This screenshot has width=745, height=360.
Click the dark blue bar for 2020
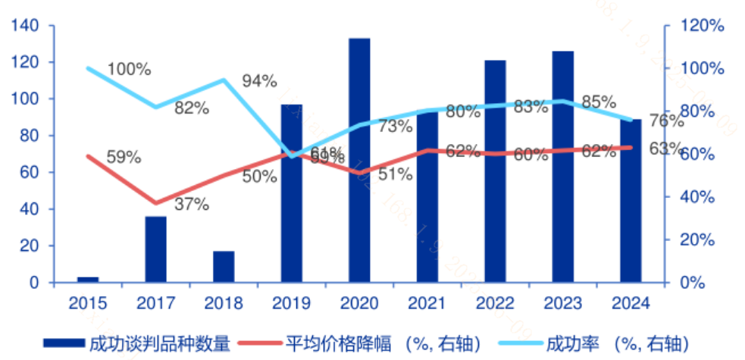(359, 161)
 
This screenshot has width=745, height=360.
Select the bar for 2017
(155, 249)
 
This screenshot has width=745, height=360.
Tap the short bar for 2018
(224, 267)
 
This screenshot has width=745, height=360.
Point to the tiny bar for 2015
(88, 280)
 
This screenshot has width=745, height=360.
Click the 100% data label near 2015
(129, 70)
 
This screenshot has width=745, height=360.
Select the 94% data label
(259, 82)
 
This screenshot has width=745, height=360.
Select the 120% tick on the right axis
(700, 26)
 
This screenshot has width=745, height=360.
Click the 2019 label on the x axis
(291, 304)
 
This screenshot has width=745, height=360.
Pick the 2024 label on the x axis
(631, 304)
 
